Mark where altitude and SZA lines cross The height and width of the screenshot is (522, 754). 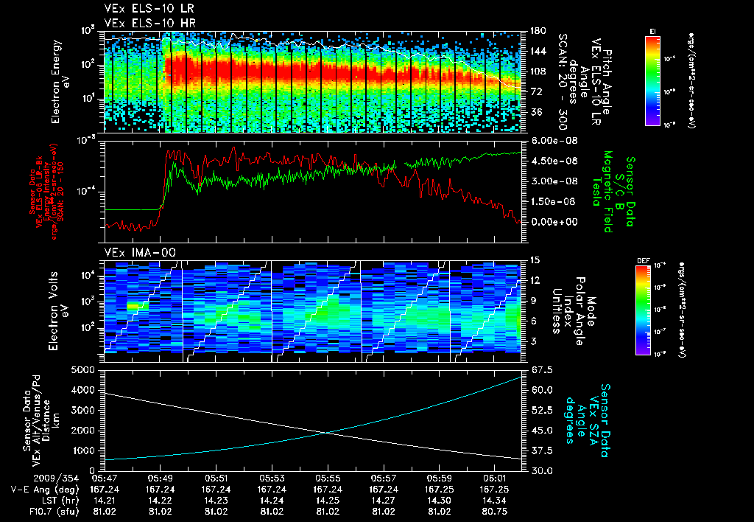pos(325,433)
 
